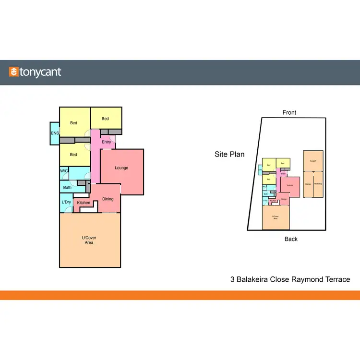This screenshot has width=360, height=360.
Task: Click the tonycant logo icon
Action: pyautogui.click(x=14, y=72)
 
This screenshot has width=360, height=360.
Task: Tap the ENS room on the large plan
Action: pyautogui.click(x=54, y=133)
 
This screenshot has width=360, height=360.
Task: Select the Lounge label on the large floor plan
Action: pyautogui.click(x=121, y=168)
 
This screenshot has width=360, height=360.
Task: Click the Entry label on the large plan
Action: pyautogui.click(x=107, y=142)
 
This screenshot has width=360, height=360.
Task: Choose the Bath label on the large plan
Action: pyautogui.click(x=67, y=188)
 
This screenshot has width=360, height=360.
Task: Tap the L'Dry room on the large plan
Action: pyautogui.click(x=66, y=202)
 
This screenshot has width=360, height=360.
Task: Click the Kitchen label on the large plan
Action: pyautogui.click(x=84, y=203)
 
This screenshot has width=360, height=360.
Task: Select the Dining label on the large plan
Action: pyautogui.click(x=108, y=199)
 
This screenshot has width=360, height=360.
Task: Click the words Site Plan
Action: pyautogui.click(x=229, y=155)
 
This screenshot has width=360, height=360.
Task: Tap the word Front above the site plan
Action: pyautogui.click(x=289, y=113)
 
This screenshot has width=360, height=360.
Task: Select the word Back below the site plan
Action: pyautogui.click(x=291, y=239)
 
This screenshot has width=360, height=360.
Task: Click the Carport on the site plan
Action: pyautogui.click(x=313, y=161)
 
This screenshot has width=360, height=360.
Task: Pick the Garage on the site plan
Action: pyautogui.click(x=308, y=184)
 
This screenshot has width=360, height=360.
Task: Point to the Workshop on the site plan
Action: pyautogui.click(x=318, y=184)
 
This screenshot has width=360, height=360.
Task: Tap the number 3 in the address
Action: pyautogui.click(x=232, y=279)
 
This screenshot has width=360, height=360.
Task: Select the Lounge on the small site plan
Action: pyautogui.click(x=290, y=185)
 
